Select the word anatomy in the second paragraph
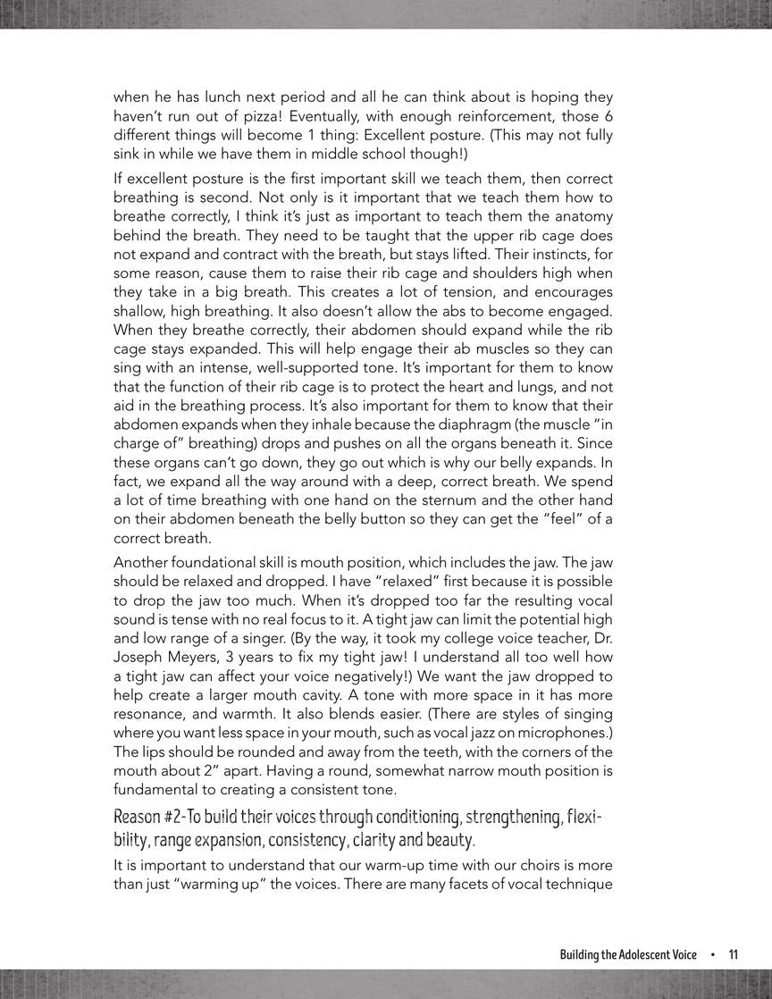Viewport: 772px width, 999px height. pyautogui.click(x=581, y=215)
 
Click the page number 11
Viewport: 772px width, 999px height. pyautogui.click(x=734, y=954)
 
